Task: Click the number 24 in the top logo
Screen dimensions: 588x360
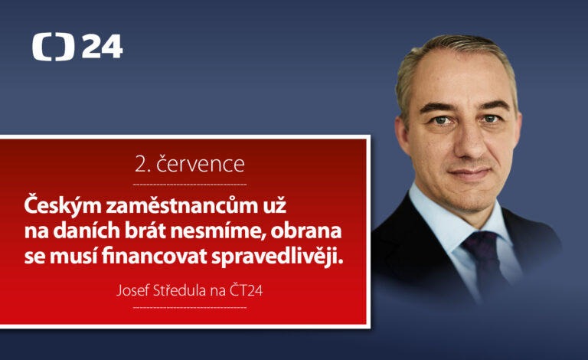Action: click(102, 46)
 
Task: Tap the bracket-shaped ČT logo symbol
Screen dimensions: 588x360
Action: click(53, 47)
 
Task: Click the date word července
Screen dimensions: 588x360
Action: click(201, 164)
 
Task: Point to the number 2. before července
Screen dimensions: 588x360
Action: click(142, 165)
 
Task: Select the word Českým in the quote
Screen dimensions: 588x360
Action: click(63, 206)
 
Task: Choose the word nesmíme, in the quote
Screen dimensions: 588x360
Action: click(217, 231)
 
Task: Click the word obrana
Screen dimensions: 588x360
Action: click(306, 231)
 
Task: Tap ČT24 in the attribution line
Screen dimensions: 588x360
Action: click(246, 290)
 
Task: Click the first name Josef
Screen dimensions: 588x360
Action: click(132, 290)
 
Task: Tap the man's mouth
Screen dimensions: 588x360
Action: click(469, 173)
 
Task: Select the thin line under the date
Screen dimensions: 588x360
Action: click(190, 185)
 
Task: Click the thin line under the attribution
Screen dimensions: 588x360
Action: click(190, 307)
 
